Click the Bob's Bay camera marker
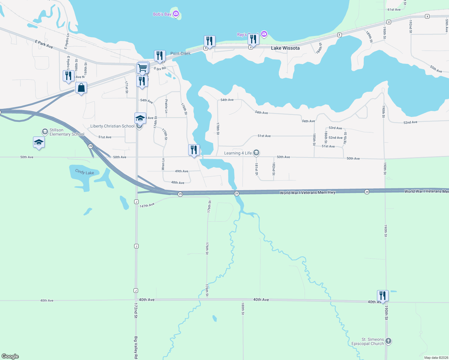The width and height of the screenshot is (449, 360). [176, 13]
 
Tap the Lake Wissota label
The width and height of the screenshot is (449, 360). [285, 48]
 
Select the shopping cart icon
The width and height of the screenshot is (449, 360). [143, 67]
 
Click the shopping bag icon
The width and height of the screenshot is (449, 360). [81, 88]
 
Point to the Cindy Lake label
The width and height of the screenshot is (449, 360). [85, 172]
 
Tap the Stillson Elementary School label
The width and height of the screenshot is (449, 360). [67, 132]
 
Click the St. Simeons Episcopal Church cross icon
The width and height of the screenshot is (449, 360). [388, 341]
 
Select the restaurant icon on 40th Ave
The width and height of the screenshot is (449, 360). [383, 295]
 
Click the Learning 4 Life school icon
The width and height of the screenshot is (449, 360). [256, 153]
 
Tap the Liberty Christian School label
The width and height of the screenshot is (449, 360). [112, 126]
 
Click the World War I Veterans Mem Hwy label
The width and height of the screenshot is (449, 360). [307, 193]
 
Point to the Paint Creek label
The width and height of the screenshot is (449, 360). [180, 53]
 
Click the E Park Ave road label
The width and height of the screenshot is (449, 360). [44, 44]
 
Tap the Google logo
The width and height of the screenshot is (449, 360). [10, 356]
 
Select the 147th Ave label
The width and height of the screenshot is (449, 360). [147, 205]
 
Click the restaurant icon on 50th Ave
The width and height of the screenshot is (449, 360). [194, 150]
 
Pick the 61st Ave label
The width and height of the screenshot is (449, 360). [394, 10]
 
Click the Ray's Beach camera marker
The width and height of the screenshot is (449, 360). [264, 34]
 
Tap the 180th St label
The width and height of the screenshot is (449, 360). [243, 309]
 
